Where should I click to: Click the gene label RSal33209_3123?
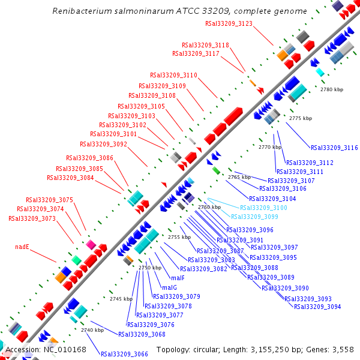pyautogui.click(x=229, y=23)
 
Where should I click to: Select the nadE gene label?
pyautogui.click(x=22, y=247)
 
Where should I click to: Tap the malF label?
pyautogui.click(x=178, y=278)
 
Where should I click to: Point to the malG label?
pyautogui.click(x=170, y=287)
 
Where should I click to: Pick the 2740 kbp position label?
pyautogui.click(x=92, y=330)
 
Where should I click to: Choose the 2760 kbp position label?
pyautogui.click(x=209, y=207)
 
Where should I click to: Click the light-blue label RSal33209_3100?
pyautogui.click(x=263, y=208)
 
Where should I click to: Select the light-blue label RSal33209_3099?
pyautogui.click(x=255, y=217)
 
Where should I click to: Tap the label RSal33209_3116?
pyautogui.click(x=334, y=148)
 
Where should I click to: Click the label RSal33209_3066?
pyautogui.click(x=124, y=354)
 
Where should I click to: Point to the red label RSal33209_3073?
pyautogui.click(x=32, y=218)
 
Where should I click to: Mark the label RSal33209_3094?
pyautogui.click(x=317, y=307)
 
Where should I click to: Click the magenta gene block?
pyautogui.click(x=91, y=245)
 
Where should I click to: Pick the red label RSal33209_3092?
pyautogui.click(x=103, y=144)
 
